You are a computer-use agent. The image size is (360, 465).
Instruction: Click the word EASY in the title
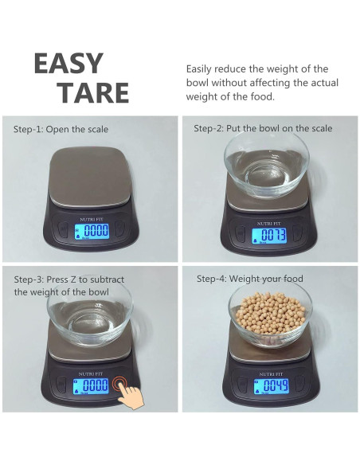[x=68, y=64]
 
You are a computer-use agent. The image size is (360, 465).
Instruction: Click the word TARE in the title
[x=93, y=93]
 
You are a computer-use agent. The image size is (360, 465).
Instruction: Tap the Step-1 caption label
[x=61, y=129]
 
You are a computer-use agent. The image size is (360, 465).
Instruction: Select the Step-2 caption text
[x=263, y=128]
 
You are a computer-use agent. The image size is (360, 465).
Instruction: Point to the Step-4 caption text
[x=249, y=279]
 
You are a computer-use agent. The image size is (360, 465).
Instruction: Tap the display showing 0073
[x=269, y=236]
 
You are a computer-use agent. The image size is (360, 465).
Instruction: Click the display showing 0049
[x=270, y=386]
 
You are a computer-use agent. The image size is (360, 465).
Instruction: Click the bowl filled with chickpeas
[x=270, y=316]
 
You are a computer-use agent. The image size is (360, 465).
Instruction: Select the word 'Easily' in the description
[x=202, y=69]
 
